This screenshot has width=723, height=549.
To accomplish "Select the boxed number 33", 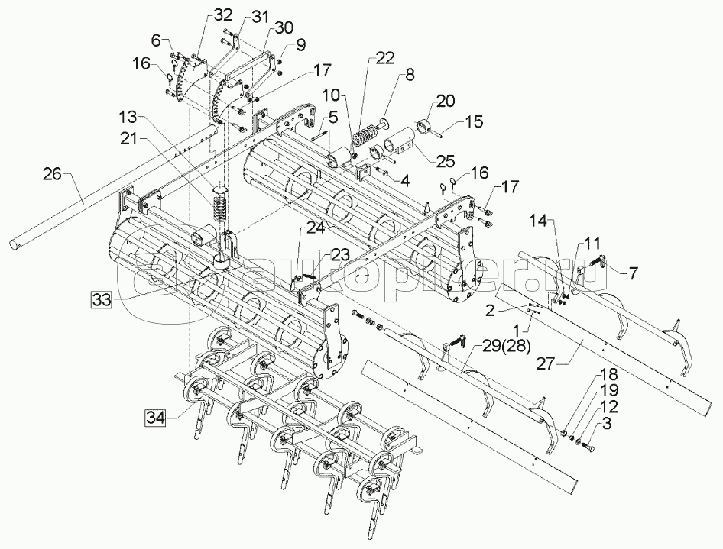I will click(x=101, y=299).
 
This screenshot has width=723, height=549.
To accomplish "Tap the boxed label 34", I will click(x=157, y=417).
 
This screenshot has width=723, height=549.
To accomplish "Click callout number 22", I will click(x=385, y=58).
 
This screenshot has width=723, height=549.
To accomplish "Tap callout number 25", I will click(x=446, y=161).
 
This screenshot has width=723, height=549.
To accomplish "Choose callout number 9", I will click(x=300, y=45).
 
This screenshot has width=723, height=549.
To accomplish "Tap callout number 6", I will click(x=156, y=40).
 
